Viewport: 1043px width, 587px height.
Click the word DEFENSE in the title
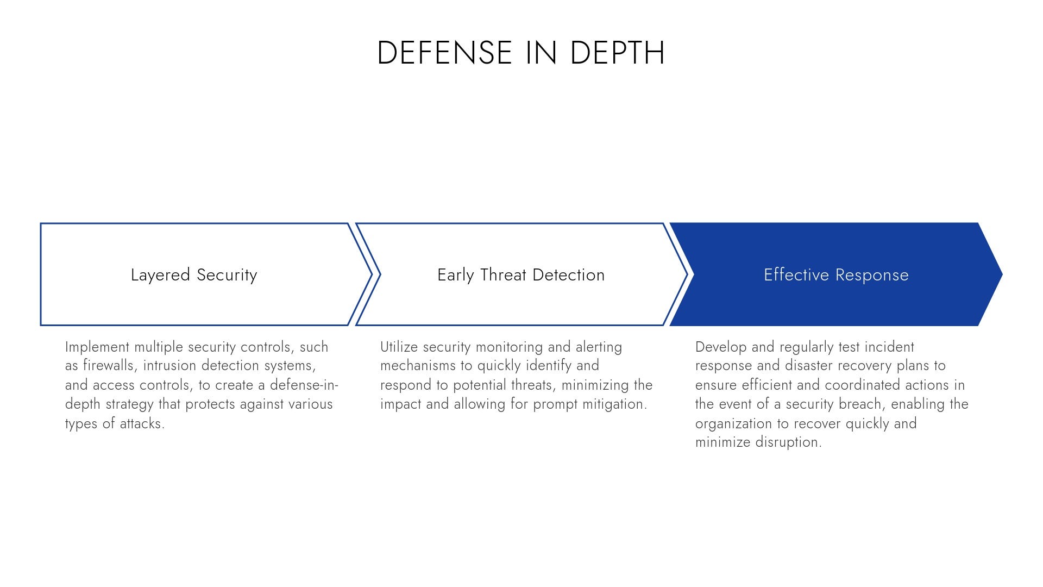pyautogui.click(x=445, y=53)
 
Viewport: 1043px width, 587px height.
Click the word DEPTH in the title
pyautogui.click(x=618, y=53)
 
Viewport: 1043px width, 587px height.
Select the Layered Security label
pyautogui.click(x=194, y=275)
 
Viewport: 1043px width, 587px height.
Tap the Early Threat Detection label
pyautogui.click(x=521, y=275)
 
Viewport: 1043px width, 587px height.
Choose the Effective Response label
pyautogui.click(x=836, y=275)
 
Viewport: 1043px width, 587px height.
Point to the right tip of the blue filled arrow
pyautogui.click(x=1002, y=274)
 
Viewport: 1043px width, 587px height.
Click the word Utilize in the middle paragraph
pyautogui.click(x=399, y=347)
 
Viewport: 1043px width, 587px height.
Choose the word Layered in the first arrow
pyautogui.click(x=161, y=275)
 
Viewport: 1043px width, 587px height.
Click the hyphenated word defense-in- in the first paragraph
pyautogui.click(x=304, y=385)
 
